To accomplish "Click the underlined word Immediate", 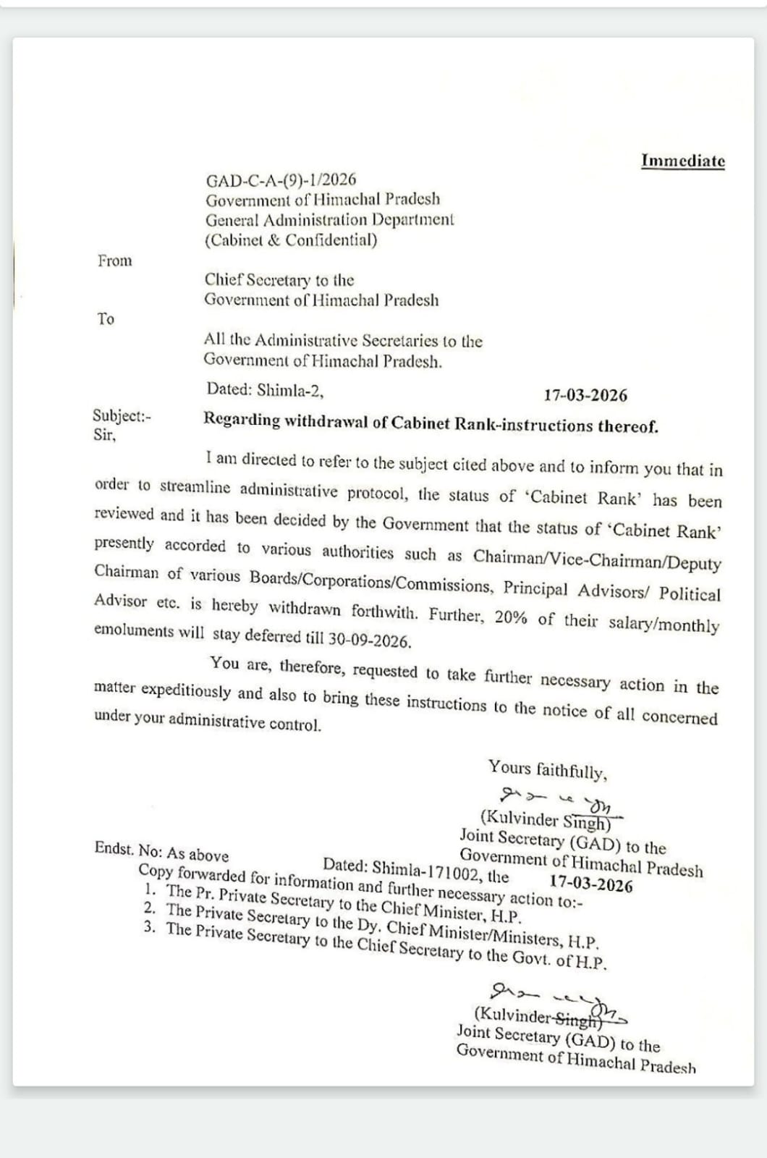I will coord(682,161).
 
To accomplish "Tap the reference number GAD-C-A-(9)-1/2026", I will coord(281,179).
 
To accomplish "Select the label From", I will coord(115,261).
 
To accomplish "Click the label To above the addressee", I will coord(106,318).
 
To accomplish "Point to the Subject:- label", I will coord(122,415).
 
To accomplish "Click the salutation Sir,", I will coord(104,435).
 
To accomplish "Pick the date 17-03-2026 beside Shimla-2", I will coord(585,395).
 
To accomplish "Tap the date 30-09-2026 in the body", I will coord(370,640).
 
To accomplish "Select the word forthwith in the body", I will coord(384,612).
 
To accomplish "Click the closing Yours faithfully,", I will coord(548,769).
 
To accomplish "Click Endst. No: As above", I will coord(161,851).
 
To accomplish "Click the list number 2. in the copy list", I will coord(150,908).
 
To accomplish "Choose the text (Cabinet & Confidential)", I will coord(291,240).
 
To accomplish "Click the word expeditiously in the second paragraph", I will coord(186,690).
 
